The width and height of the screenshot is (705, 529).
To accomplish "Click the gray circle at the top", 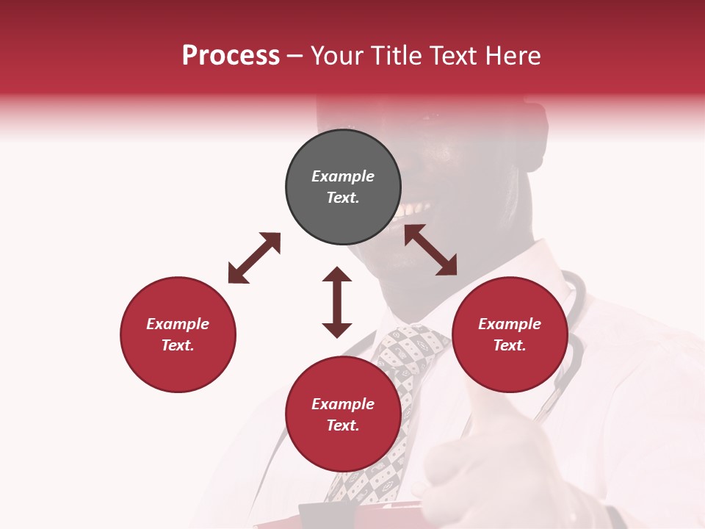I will pyautogui.click(x=343, y=187).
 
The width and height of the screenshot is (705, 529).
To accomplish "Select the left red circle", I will pyautogui.click(x=178, y=334).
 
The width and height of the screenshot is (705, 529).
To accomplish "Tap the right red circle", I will pyautogui.click(x=510, y=334).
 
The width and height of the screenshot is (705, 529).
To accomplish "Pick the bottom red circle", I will pyautogui.click(x=343, y=414).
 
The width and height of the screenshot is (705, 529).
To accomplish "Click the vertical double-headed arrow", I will pyautogui.click(x=337, y=302).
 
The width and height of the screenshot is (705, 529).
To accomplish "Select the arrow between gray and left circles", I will pyautogui.click(x=254, y=258).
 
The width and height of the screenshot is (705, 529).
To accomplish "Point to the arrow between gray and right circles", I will pyautogui.click(x=430, y=250).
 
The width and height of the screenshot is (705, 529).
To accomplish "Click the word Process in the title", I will pyautogui.click(x=231, y=55).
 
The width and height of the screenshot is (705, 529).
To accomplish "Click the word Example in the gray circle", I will pyautogui.click(x=343, y=176).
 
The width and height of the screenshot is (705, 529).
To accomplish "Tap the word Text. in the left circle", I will pyautogui.click(x=178, y=345).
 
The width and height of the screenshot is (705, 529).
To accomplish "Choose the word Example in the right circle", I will pyautogui.click(x=510, y=324).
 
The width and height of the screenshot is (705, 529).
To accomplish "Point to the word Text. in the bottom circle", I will pyautogui.click(x=343, y=425).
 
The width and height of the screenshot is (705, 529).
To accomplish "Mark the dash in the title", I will pyautogui.click(x=295, y=55).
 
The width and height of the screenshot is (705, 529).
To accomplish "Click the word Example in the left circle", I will pyautogui.click(x=178, y=324).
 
